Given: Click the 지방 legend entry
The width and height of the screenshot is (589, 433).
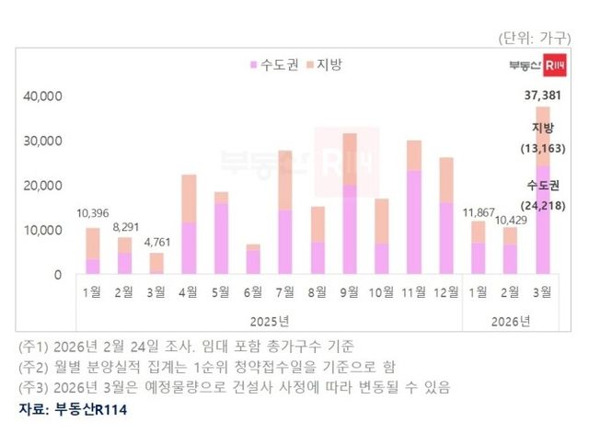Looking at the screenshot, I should [x=327, y=64].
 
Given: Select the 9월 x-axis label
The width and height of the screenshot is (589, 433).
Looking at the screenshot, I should [x=350, y=292].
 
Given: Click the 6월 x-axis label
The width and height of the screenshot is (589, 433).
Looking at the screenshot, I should [x=253, y=292].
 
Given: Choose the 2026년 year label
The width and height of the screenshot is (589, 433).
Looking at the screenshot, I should [x=511, y=321].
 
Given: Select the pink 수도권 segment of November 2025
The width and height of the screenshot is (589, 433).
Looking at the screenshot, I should [x=414, y=222].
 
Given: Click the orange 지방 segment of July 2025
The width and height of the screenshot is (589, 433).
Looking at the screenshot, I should [x=285, y=179].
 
